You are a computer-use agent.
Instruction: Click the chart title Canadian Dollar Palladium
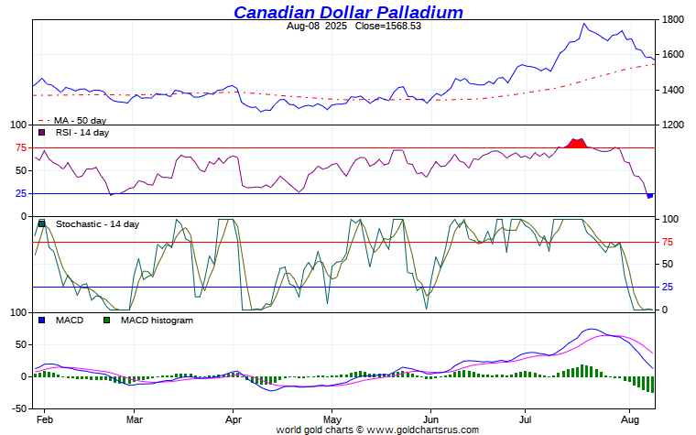(348, 12)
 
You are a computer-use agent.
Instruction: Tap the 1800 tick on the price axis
(674, 19)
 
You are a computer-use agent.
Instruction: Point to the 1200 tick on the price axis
(674, 125)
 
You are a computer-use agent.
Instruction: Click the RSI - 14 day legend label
(82, 133)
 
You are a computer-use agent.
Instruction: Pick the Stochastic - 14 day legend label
(97, 224)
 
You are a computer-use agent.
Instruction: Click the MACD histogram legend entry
(156, 321)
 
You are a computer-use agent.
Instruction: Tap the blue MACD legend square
(41, 321)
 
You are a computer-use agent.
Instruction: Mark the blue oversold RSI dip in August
(649, 195)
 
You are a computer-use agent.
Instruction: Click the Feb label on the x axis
(43, 419)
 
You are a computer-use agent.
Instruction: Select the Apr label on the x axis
(234, 419)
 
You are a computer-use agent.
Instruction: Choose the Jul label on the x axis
(524, 419)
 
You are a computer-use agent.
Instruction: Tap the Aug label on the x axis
(629, 419)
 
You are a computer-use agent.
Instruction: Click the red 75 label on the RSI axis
(19, 147)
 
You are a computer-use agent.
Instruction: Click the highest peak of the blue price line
(584, 24)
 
